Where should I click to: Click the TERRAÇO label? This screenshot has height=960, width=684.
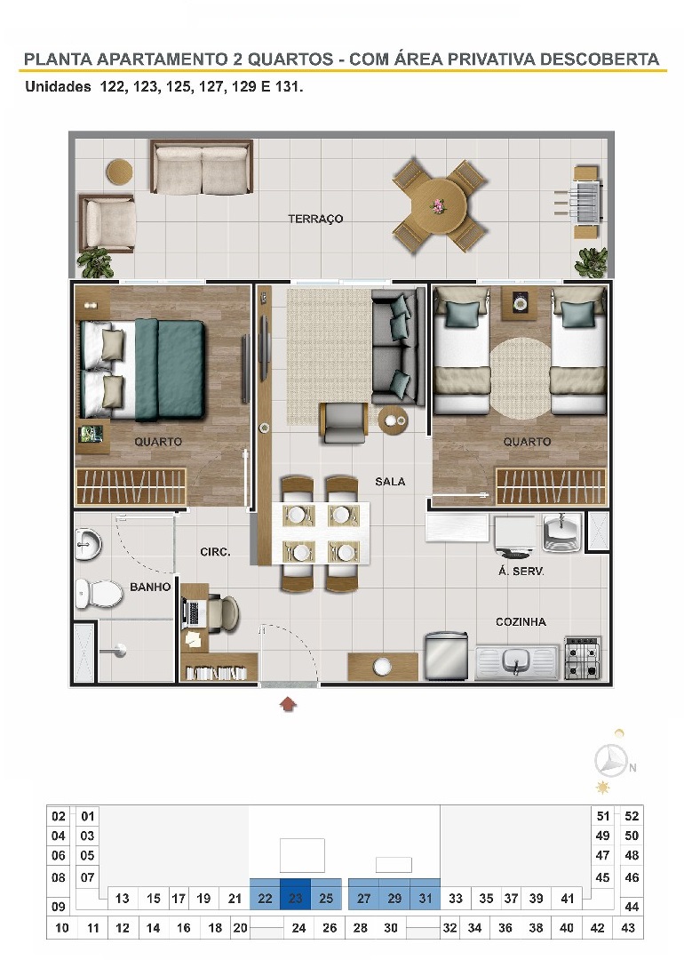pyautogui.click(x=315, y=219)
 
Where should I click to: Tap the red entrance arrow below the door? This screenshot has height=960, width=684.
pyautogui.click(x=288, y=703)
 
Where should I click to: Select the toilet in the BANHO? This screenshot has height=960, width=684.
pyautogui.click(x=98, y=593)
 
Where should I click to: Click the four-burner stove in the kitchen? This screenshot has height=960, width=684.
pyautogui.click(x=582, y=658)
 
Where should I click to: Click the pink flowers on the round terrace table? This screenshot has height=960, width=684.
pyautogui.click(x=438, y=205)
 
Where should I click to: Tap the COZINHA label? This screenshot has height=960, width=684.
pyautogui.click(x=521, y=622)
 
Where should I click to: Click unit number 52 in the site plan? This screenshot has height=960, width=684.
pyautogui.click(x=632, y=815)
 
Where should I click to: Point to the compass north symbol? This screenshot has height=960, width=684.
pyautogui.click(x=612, y=762)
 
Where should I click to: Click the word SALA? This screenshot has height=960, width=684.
pyautogui.click(x=390, y=482)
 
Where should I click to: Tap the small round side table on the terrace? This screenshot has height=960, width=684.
pyautogui.click(x=119, y=172)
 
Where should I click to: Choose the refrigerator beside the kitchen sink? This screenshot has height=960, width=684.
pyautogui.click(x=447, y=656)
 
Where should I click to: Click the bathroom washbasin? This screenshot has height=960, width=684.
pyautogui.click(x=87, y=544)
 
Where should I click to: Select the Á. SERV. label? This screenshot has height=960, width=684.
pyautogui.click(x=521, y=572)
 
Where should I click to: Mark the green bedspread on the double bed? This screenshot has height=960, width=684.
pyautogui.click(x=170, y=371)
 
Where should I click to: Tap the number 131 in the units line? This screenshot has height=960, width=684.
pyautogui.click(x=287, y=86)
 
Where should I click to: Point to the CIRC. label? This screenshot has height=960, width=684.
pyautogui.click(x=215, y=552)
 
